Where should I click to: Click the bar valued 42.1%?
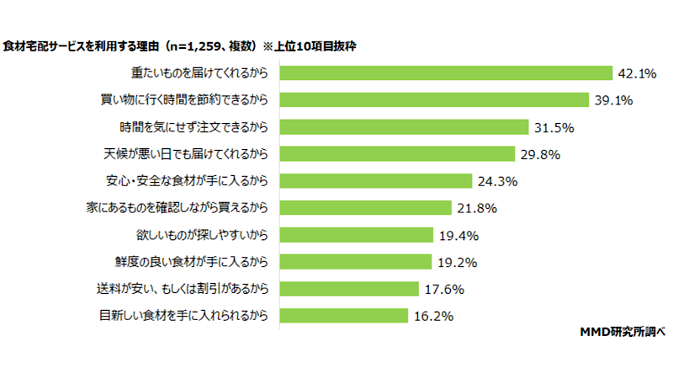tap(446, 73)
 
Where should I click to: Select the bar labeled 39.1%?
tap(434, 100)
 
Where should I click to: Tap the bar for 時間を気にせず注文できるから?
tap(405, 127)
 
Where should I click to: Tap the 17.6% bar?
tap(349, 289)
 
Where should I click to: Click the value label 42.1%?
tap(637, 73)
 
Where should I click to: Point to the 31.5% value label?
tap(554, 127)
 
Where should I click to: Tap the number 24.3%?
tap(497, 181)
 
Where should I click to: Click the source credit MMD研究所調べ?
tap(623, 332)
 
